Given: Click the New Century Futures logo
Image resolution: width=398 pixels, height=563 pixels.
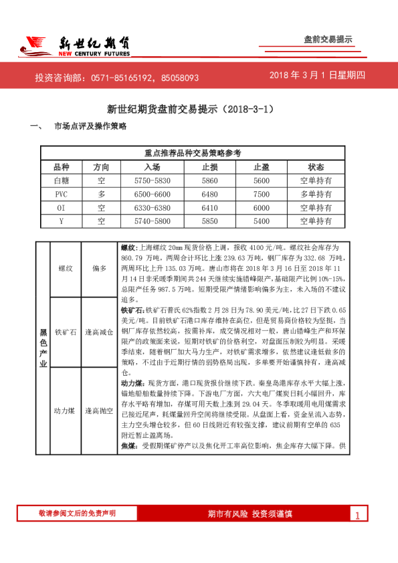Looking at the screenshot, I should coord(74,45).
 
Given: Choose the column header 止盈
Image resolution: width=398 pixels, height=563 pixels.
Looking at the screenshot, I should coord(262,167).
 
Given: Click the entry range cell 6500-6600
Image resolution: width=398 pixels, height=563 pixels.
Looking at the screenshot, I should coord(153,194).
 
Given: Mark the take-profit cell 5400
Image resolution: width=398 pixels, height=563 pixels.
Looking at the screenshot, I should coord(262,221).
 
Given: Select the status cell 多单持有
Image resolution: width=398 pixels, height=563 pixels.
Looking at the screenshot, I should coord(316,194).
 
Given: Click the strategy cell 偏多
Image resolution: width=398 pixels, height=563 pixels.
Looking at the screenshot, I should coord(100,268).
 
